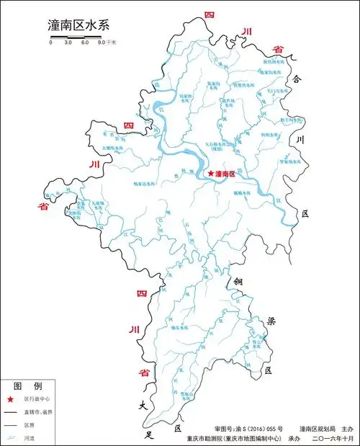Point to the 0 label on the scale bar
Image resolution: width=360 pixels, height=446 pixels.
click(50, 44)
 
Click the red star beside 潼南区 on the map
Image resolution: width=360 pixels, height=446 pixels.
click(210, 174)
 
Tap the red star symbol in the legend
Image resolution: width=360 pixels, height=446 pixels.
click(11, 399)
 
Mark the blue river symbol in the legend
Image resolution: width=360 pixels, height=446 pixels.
click(11, 437)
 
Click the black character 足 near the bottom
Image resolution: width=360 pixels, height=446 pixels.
click(150, 434)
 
